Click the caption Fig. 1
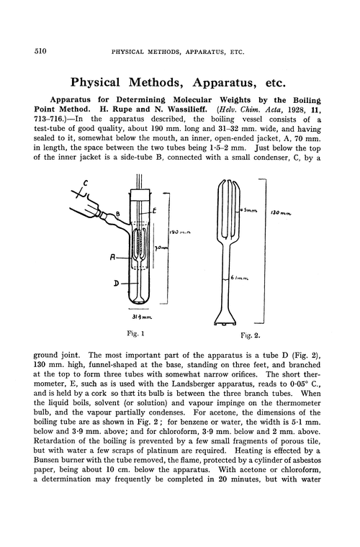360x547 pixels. click(x=135, y=334)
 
